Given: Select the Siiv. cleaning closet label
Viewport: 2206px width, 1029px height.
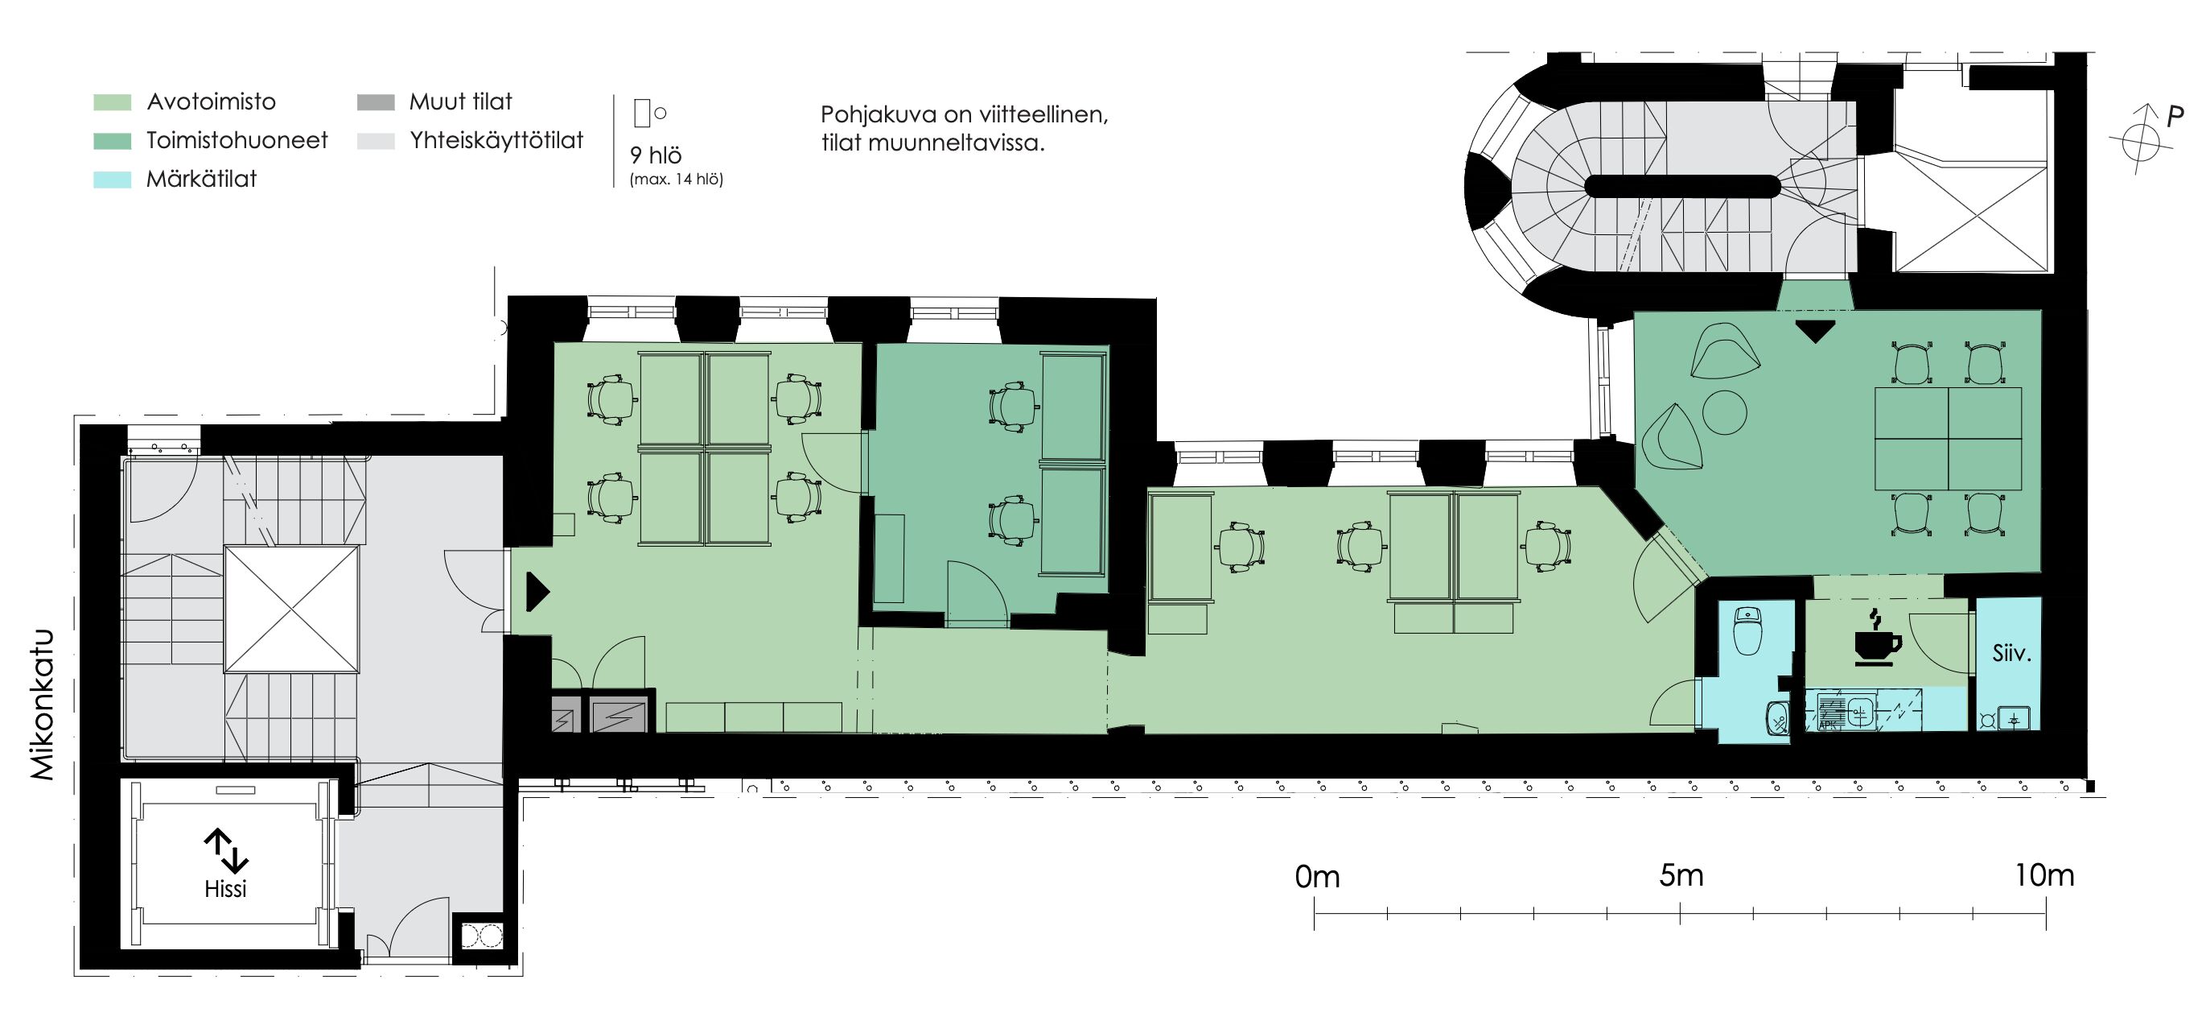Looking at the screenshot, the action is [2011, 653].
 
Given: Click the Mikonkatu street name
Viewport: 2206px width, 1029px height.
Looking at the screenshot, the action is [43, 705].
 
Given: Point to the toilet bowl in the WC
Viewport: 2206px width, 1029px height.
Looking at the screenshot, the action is [1746, 631].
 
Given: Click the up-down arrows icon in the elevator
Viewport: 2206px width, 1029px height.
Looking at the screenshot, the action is [225, 850].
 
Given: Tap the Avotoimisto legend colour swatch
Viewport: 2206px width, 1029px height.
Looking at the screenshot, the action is [112, 103].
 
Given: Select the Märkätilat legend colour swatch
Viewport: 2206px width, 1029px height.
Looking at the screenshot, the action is [112, 180].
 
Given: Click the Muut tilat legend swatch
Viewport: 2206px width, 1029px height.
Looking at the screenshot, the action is [376, 103].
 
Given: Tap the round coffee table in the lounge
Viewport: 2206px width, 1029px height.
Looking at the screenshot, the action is [1724, 412].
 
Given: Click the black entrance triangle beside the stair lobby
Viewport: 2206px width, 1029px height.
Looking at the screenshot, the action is [537, 591].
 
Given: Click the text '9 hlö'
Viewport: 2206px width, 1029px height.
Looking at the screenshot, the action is [656, 155].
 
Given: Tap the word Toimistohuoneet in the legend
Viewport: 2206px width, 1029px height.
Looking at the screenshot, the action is [237, 141].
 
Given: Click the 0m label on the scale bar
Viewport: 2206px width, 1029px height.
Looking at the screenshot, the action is [1317, 878].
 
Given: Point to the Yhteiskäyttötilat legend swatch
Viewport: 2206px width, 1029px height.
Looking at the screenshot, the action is [376, 142].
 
